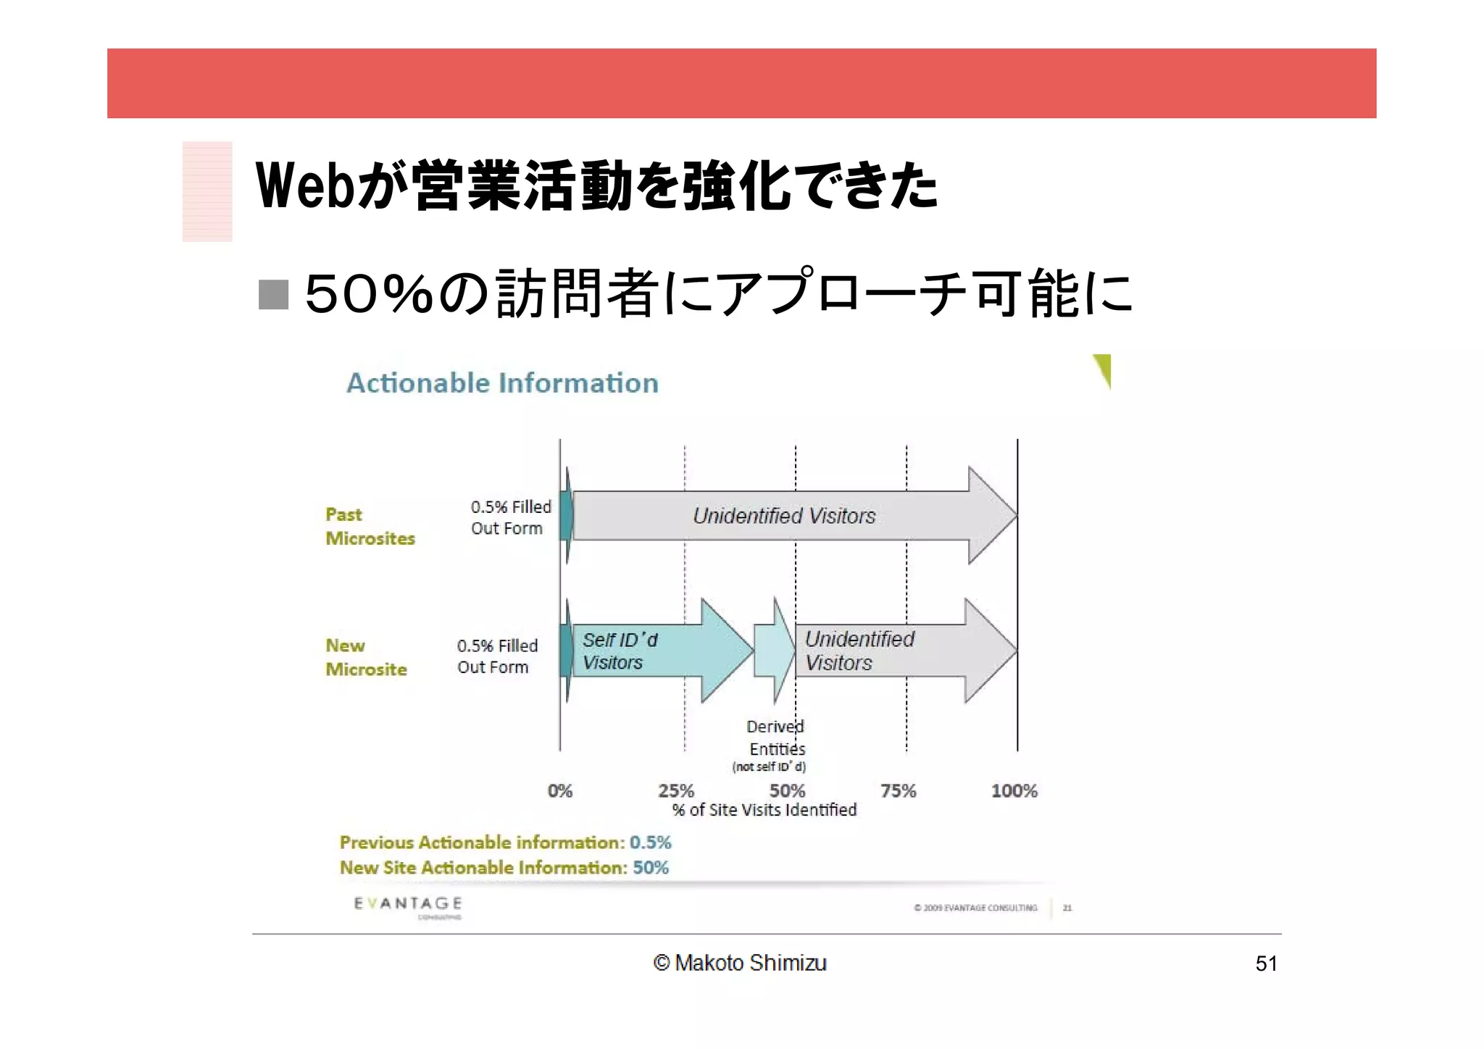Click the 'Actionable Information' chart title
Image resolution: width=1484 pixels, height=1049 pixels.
pyautogui.click(x=502, y=383)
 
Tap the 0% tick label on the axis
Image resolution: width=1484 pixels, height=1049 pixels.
pyautogui.click(x=559, y=790)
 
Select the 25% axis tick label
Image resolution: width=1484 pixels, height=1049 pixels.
pyautogui.click(x=675, y=790)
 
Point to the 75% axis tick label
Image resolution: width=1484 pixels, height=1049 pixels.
pyautogui.click(x=898, y=790)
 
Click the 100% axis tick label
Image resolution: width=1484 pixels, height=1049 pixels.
pyautogui.click(x=1014, y=790)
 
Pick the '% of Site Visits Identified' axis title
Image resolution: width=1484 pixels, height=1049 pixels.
pyautogui.click(x=764, y=810)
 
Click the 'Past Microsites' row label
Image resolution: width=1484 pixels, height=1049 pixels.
pyautogui.click(x=370, y=527)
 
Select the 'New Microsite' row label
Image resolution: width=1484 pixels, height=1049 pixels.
pyautogui.click(x=366, y=658)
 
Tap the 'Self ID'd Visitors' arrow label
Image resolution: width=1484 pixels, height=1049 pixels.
pyautogui.click(x=620, y=651)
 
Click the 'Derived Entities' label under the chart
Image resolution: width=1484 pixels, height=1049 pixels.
pyautogui.click(x=775, y=737)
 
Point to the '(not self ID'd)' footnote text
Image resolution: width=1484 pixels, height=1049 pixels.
pyautogui.click(x=769, y=766)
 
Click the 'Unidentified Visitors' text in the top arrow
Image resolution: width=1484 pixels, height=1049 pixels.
pyautogui.click(x=784, y=516)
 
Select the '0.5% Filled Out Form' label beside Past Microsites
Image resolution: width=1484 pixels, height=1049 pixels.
pyautogui.click(x=510, y=517)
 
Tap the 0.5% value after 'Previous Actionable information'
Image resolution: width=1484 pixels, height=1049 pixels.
pyautogui.click(x=650, y=843)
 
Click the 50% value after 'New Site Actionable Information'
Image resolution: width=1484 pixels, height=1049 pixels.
pyautogui.click(x=650, y=868)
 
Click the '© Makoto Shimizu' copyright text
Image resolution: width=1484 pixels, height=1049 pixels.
pyautogui.click(x=739, y=963)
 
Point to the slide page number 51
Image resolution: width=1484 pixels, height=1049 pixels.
pyautogui.click(x=1266, y=964)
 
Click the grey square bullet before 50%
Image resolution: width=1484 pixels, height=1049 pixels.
pyautogui.click(x=274, y=294)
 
